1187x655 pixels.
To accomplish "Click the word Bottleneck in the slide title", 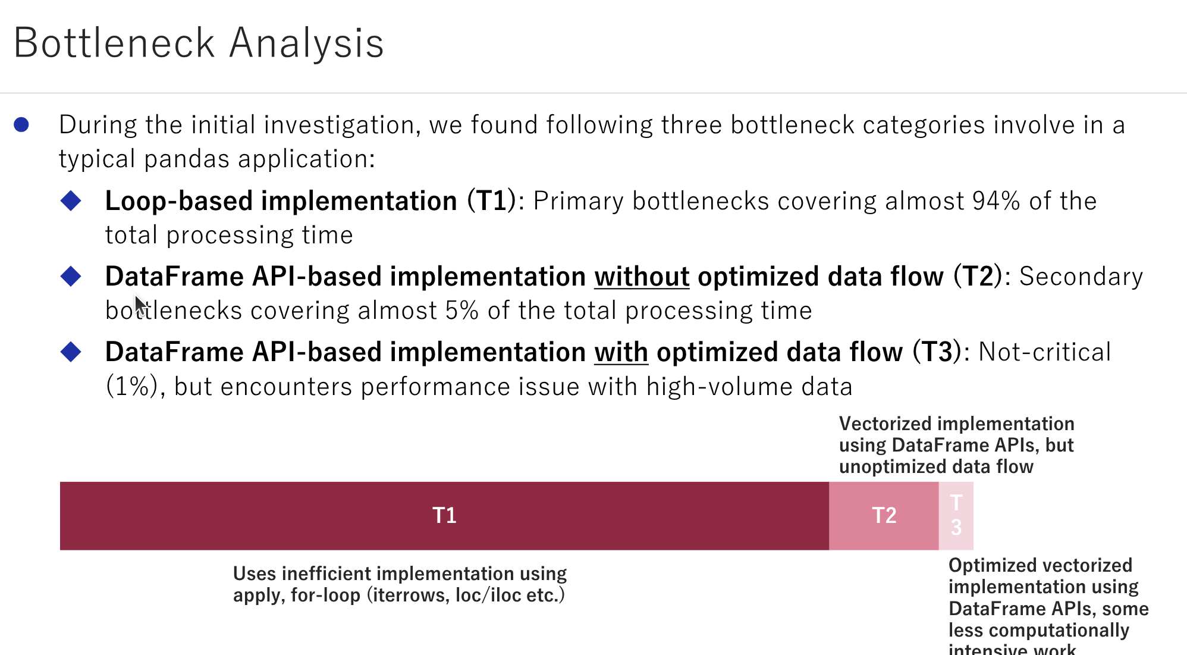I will click(x=114, y=43).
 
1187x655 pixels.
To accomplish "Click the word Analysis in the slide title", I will click(x=306, y=43).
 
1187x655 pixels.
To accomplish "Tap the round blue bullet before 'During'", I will click(x=21, y=124).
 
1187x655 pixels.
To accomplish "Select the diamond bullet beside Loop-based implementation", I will click(x=71, y=200).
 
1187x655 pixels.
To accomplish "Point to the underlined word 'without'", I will click(x=642, y=277).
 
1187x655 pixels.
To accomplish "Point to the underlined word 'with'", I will click(x=621, y=352).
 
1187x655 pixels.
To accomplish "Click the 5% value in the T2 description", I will click(x=461, y=311).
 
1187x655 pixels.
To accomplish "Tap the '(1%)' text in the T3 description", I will click(x=131, y=387).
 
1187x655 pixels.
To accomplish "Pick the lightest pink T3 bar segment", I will click(x=956, y=516).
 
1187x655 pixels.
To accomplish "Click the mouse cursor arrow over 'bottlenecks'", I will click(x=140, y=305).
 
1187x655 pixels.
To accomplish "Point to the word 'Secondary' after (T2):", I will click(x=1081, y=277).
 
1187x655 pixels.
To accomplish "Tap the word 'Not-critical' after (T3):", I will click(x=1044, y=352).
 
